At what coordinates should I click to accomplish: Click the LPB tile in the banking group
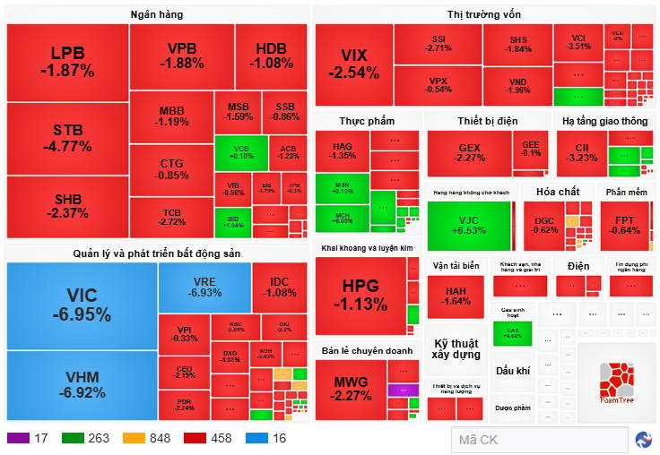click(x=67, y=61)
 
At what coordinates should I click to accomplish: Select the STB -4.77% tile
click(x=67, y=138)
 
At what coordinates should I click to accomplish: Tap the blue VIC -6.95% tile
click(x=82, y=305)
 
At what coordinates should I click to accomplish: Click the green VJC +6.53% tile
click(x=470, y=224)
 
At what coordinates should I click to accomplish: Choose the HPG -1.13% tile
click(x=360, y=295)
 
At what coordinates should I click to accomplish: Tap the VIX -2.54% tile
click(x=353, y=63)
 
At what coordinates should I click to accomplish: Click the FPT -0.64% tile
click(x=625, y=225)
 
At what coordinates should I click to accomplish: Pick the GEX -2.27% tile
click(x=469, y=152)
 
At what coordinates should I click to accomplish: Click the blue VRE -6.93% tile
click(x=204, y=287)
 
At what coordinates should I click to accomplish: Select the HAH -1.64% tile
click(x=456, y=296)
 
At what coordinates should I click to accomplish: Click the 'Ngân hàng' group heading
click(x=156, y=13)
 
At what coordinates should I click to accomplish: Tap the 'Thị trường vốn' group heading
click(x=483, y=13)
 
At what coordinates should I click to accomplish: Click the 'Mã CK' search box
click(x=538, y=440)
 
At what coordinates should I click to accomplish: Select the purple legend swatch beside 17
click(x=18, y=438)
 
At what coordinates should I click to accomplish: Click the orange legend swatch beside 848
click(x=135, y=438)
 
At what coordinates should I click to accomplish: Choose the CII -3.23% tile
click(x=581, y=152)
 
